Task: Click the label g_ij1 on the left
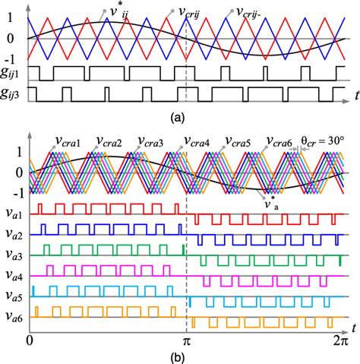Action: click(x=13, y=74)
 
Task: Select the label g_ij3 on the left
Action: click(x=13, y=93)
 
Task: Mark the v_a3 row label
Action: click(x=13, y=250)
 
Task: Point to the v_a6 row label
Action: click(x=13, y=313)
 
